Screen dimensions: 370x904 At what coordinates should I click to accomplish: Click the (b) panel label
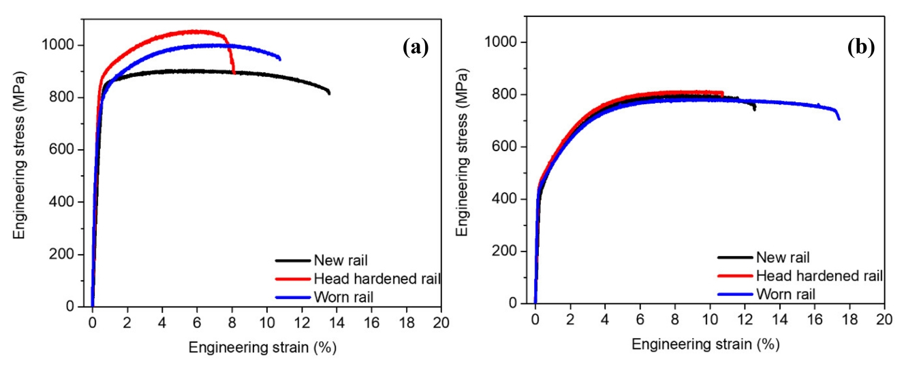click(860, 47)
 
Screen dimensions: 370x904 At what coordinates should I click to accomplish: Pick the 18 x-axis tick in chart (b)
click(850, 318)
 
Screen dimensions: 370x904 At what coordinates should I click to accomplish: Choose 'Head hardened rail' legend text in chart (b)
click(820, 276)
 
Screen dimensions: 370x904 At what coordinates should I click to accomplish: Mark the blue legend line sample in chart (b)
click(734, 294)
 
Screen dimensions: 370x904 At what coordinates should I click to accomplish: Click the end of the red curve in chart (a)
click(234, 73)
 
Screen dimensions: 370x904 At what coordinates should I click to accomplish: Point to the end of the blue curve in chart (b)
click(839, 119)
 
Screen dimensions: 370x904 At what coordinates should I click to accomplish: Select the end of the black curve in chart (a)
click(330, 93)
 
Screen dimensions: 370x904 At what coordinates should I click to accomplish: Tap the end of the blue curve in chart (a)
click(280, 59)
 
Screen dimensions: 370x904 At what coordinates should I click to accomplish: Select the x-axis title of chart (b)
click(705, 345)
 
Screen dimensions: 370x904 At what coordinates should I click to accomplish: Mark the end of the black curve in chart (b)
click(755, 109)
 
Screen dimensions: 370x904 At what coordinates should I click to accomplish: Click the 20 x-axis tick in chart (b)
click(884, 318)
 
